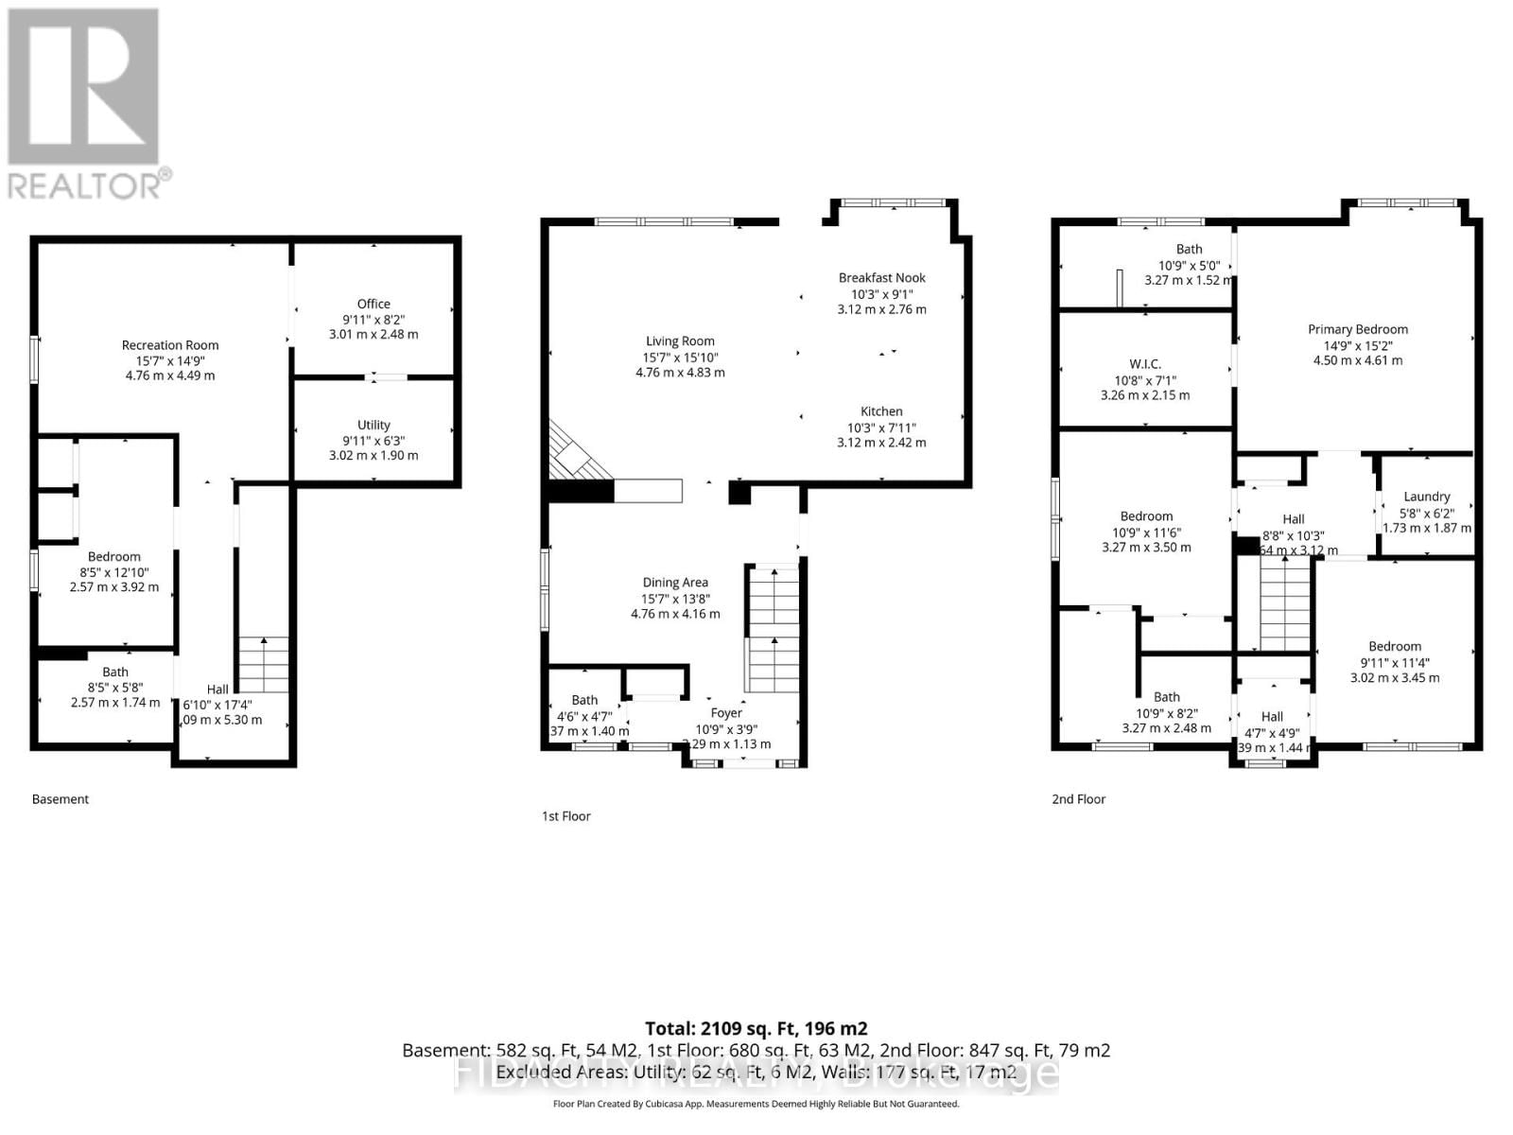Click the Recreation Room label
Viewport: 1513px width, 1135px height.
point(170,345)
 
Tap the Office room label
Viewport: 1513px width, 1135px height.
point(374,304)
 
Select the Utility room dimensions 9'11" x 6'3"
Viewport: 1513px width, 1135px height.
point(374,440)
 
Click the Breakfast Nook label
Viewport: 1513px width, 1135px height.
point(881,277)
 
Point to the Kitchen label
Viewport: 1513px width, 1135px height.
point(881,411)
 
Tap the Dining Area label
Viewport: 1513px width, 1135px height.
point(675,583)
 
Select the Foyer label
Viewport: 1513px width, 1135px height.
point(726,713)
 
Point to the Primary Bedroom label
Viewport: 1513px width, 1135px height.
point(1358,329)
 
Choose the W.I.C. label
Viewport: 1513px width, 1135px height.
point(1144,364)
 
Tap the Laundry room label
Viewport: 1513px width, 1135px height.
point(1426,497)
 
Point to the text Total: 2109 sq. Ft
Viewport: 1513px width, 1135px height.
point(756,1028)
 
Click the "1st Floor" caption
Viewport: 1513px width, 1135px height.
point(565,816)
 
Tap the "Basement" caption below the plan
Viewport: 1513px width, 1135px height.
point(61,799)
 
